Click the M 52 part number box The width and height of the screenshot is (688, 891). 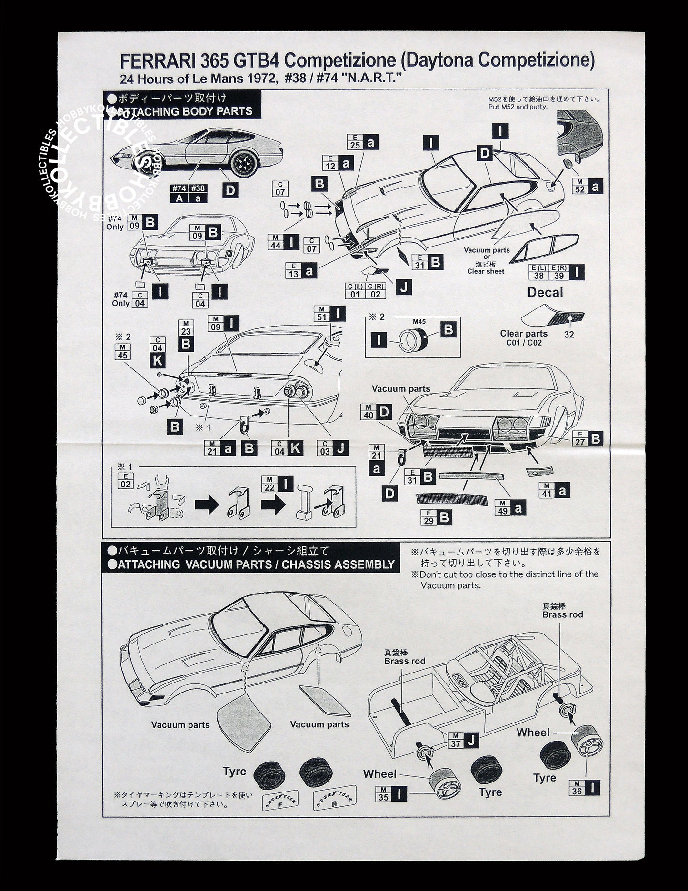579,186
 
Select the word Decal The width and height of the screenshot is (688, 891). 545,292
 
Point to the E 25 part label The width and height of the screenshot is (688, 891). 355,142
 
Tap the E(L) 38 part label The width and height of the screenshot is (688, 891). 538,272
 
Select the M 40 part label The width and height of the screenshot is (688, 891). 368,412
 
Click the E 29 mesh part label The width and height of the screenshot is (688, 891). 428,517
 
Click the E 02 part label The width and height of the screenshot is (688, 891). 125,481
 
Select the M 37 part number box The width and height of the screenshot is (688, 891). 456,741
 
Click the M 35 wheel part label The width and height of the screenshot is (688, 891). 383,794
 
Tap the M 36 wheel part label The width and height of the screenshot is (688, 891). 577,788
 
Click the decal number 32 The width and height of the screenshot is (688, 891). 569,334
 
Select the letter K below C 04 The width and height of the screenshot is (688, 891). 158,360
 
